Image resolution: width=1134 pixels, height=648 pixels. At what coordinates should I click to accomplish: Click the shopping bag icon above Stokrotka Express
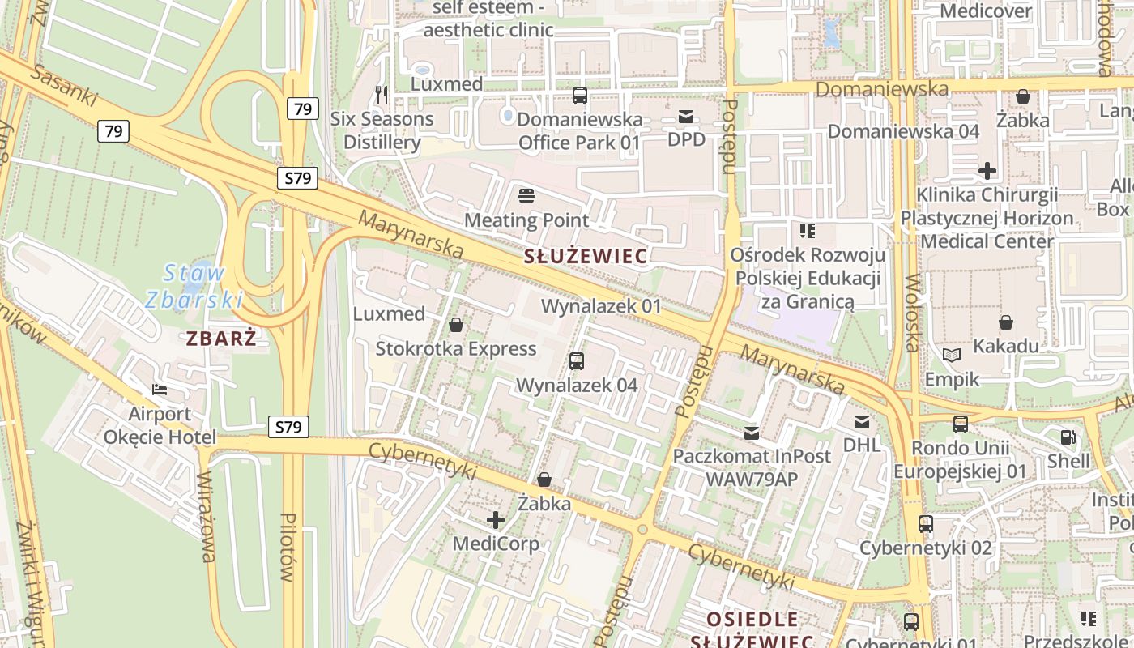click(456, 326)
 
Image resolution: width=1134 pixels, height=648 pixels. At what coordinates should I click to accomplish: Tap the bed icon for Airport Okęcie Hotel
click(160, 390)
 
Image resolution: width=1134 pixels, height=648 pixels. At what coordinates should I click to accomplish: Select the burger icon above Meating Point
click(526, 196)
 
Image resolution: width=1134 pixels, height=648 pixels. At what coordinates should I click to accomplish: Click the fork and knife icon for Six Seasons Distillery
click(382, 95)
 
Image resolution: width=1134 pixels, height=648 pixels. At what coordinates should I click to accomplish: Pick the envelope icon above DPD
click(686, 117)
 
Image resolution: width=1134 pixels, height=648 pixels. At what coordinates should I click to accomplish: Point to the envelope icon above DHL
click(861, 422)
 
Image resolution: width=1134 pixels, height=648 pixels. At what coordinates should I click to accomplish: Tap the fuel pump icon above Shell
click(1068, 437)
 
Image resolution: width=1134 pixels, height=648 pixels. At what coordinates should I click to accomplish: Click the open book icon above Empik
click(953, 356)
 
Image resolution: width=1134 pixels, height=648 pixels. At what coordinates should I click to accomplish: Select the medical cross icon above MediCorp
click(496, 520)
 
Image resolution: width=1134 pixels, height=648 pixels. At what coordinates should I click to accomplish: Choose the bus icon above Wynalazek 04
click(577, 361)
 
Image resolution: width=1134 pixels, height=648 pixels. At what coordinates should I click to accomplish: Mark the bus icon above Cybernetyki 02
click(926, 524)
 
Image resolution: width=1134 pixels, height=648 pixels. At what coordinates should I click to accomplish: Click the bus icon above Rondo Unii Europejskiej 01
click(961, 424)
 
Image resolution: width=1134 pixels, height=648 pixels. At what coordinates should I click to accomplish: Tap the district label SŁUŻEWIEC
click(586, 257)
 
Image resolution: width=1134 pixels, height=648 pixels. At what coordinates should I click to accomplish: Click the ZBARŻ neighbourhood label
click(221, 338)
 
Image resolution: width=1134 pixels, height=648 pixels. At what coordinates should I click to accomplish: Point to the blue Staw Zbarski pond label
click(194, 286)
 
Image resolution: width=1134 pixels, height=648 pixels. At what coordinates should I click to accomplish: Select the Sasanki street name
click(65, 87)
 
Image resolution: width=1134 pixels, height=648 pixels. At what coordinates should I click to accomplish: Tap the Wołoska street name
click(913, 313)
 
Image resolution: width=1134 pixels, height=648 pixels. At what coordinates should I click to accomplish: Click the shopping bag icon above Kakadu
click(1006, 322)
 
